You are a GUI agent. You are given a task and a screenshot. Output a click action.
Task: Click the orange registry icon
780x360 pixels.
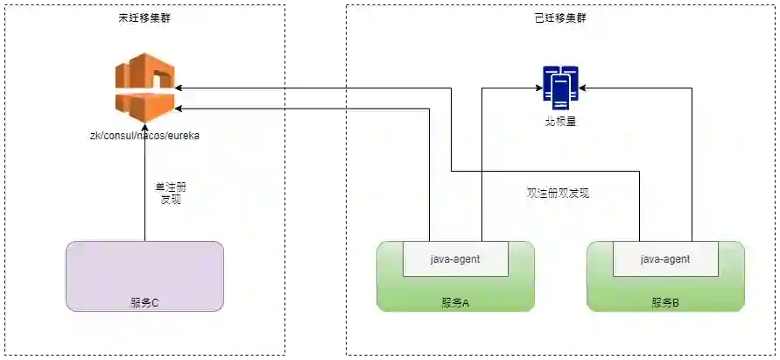[x=144, y=88]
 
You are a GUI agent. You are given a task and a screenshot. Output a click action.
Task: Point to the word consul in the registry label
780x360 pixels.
[x=119, y=136]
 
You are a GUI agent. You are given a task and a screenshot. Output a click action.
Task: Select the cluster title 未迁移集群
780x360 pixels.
[x=144, y=18]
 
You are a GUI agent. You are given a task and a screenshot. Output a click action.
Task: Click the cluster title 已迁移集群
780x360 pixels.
[x=560, y=18]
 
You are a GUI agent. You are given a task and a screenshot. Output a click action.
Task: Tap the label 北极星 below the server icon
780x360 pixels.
[x=560, y=122]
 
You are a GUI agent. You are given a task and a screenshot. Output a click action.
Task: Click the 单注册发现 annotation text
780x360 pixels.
[x=170, y=194]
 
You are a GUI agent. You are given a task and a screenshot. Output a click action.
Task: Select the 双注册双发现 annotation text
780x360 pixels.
[x=552, y=193]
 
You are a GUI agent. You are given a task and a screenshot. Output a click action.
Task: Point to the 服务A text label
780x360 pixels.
[x=455, y=303]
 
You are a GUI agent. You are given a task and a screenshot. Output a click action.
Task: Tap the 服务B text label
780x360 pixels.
[x=665, y=303]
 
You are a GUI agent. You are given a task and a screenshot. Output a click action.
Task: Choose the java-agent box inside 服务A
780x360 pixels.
[x=455, y=259]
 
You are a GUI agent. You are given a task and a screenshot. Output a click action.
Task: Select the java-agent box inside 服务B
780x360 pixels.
[x=665, y=259]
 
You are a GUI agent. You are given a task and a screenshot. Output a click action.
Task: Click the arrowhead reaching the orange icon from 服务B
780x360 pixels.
[x=179, y=88]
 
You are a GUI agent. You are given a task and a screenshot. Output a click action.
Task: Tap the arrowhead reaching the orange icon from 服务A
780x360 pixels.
[x=179, y=109]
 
